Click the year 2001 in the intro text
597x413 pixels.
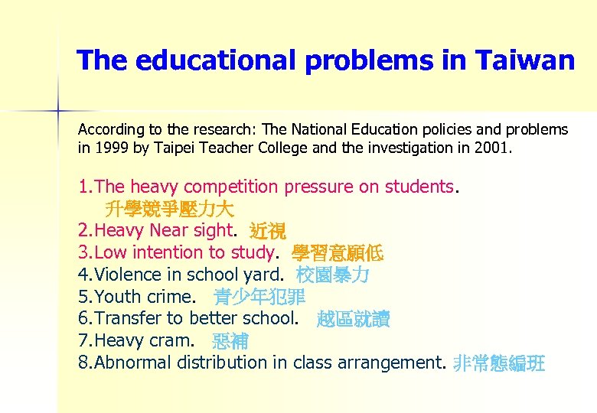coord(491,148)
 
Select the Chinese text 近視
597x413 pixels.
coord(267,230)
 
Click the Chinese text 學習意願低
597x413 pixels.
coord(338,252)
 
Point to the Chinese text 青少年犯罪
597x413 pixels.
coord(259,297)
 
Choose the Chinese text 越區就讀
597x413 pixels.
coord(353,319)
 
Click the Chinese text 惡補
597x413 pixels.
coord(230,341)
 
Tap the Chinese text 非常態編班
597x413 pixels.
coord(499,363)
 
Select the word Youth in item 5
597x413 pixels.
coord(116,297)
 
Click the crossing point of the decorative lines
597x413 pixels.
coord(58,111)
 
